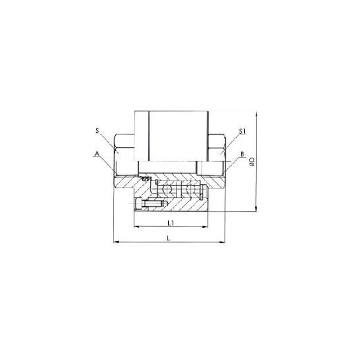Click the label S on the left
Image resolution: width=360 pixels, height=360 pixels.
(97, 131)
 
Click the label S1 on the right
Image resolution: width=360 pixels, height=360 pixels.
(242, 131)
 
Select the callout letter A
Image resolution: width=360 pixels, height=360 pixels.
(96, 154)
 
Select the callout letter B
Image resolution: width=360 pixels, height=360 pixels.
(242, 154)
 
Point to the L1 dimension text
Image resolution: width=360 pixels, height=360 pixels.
(171, 222)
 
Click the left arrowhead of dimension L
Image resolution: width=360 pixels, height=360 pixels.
(114, 243)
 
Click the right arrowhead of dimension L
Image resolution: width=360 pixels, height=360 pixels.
(223, 243)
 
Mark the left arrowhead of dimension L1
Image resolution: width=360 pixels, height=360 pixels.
(135, 226)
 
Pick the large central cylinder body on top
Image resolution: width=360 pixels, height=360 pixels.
(171, 135)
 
